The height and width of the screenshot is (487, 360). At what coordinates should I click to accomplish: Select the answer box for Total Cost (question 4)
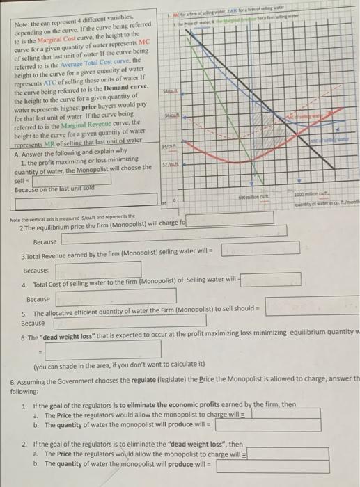[x=271, y=279]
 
